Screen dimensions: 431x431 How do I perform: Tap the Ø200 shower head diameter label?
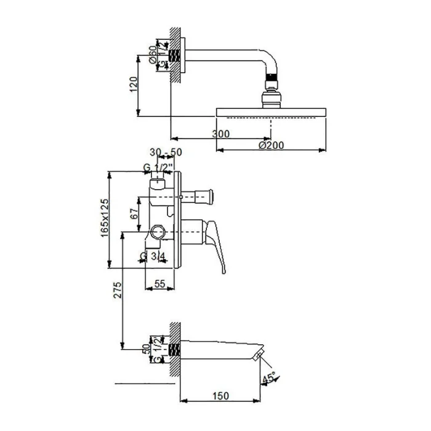point(271,145)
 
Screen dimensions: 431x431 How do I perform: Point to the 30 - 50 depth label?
point(166,152)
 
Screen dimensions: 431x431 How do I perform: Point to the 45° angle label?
point(268,377)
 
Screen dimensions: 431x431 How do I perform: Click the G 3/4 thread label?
point(153,256)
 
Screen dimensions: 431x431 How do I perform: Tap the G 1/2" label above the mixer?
point(158,167)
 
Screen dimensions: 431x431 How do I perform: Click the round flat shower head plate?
point(271,112)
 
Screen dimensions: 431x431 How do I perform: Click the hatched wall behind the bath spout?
point(175,351)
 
